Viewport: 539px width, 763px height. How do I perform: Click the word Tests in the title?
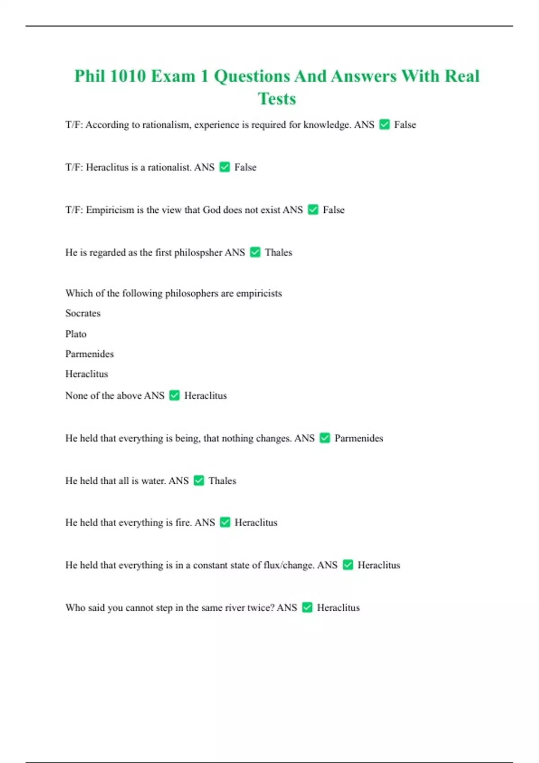(x=277, y=99)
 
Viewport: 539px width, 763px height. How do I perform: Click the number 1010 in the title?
(x=128, y=76)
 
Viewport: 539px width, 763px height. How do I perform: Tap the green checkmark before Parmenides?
(x=325, y=438)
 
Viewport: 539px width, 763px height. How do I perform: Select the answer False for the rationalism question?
(x=405, y=125)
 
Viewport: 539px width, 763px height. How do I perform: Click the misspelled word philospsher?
(x=198, y=253)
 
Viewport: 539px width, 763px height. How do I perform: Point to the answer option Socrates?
(x=83, y=313)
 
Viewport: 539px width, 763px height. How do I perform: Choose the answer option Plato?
(x=75, y=334)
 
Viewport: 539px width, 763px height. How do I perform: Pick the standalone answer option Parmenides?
(x=89, y=354)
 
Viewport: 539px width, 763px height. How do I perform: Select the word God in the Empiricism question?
(x=211, y=210)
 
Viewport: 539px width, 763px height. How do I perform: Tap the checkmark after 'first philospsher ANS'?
(x=255, y=252)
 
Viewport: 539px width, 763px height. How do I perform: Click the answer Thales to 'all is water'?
(x=222, y=481)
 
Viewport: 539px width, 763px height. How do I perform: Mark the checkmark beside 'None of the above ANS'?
(x=174, y=395)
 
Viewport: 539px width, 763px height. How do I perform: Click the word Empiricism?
(x=110, y=210)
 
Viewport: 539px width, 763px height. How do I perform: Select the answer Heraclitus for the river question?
(x=338, y=608)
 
